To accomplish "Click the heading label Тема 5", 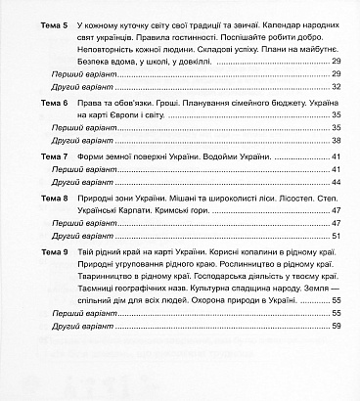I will pyautogui.click(x=28, y=21).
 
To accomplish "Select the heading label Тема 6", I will pyautogui.click(x=28, y=102).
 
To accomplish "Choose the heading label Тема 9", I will pyautogui.click(x=28, y=252).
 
